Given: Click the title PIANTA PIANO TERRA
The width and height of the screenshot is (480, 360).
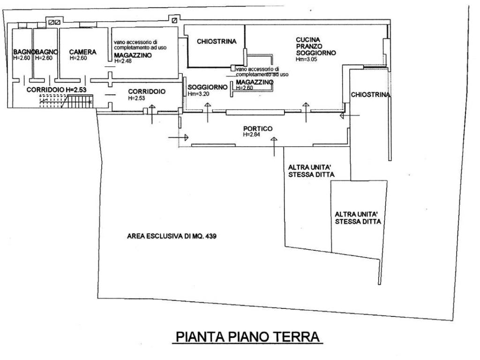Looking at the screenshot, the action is [x=247, y=337].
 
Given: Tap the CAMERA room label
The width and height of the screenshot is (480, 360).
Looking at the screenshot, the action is [x=82, y=52].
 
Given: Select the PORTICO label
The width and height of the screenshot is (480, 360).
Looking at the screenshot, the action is [x=258, y=129].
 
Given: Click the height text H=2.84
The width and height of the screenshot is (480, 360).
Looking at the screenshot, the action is [x=252, y=135].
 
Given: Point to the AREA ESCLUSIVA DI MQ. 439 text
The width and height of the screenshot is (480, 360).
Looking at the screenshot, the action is [x=172, y=236].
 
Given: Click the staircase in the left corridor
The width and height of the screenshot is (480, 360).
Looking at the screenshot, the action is [x=66, y=101].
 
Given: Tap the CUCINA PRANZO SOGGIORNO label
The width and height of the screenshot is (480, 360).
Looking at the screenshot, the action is [x=315, y=46].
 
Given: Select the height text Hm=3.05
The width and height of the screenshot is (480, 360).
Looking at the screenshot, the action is [x=307, y=60].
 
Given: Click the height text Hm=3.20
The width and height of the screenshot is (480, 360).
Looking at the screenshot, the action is [x=198, y=94].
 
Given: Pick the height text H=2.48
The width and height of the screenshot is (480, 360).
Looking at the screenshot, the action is [x=123, y=61].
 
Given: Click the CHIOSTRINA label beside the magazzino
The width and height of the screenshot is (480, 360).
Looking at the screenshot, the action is [x=217, y=41].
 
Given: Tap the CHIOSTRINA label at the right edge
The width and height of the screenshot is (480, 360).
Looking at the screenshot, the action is [x=370, y=95].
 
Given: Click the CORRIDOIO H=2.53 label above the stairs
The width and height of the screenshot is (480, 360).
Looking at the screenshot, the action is [x=56, y=90].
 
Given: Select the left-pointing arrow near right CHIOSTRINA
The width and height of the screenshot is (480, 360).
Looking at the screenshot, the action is [x=350, y=115].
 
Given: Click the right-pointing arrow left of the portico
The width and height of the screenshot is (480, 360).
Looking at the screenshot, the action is [x=179, y=138].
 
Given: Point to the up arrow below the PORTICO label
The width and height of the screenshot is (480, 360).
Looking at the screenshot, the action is [x=274, y=147].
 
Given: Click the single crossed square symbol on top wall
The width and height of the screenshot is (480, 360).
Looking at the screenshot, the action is [x=174, y=21].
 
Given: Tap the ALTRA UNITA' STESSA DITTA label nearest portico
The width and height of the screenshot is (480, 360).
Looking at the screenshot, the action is [x=311, y=171].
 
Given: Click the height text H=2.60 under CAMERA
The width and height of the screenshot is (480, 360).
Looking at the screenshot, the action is [x=78, y=58].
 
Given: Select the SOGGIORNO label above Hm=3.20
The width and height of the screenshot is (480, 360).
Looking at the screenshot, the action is [x=208, y=87].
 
